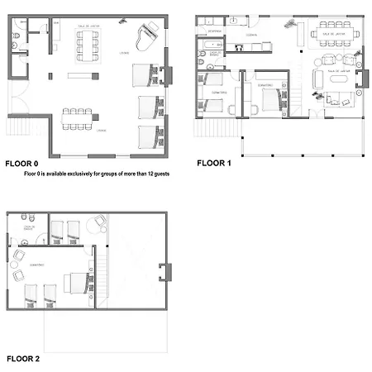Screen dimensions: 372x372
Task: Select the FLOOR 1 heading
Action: [x=214, y=164]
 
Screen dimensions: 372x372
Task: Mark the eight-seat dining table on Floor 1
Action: [x=335, y=36]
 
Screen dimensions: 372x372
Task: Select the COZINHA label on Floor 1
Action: [x=250, y=36]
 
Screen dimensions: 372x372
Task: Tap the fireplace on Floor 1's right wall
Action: [x=360, y=79]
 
